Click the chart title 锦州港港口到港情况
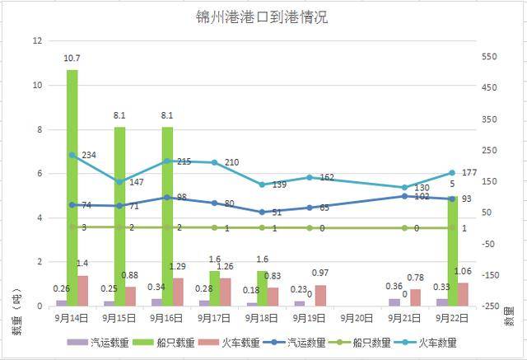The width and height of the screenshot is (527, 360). tap(262, 16)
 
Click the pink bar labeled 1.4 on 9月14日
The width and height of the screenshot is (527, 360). tap(83, 291)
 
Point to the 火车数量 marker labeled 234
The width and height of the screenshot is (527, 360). tap(72, 155)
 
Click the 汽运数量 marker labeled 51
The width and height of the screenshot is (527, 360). tap(262, 212)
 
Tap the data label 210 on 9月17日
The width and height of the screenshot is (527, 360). tap(231, 162)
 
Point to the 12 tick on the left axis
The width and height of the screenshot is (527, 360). tap(37, 40)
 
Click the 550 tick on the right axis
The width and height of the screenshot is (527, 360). tap(492, 56)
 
